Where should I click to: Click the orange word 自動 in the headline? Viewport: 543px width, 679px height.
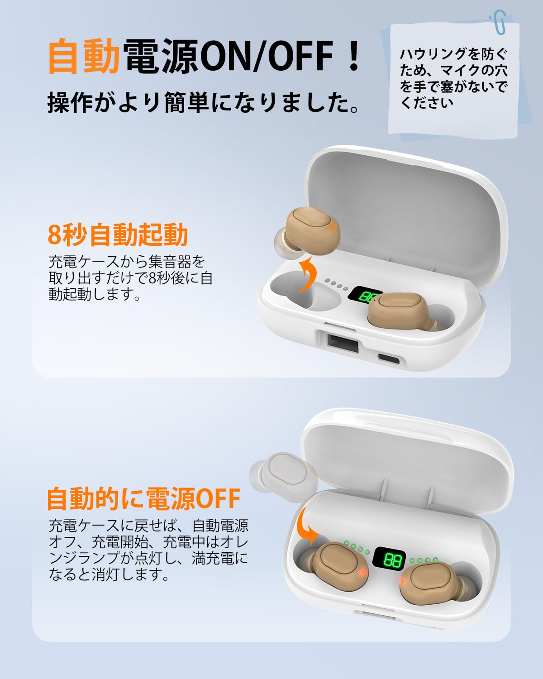tap(84, 56)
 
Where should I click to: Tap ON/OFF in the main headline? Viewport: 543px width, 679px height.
tap(267, 56)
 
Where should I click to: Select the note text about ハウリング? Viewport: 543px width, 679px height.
tap(453, 78)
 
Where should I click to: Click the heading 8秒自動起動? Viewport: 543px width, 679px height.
tap(118, 234)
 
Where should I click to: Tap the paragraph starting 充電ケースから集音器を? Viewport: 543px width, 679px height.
tap(130, 277)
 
